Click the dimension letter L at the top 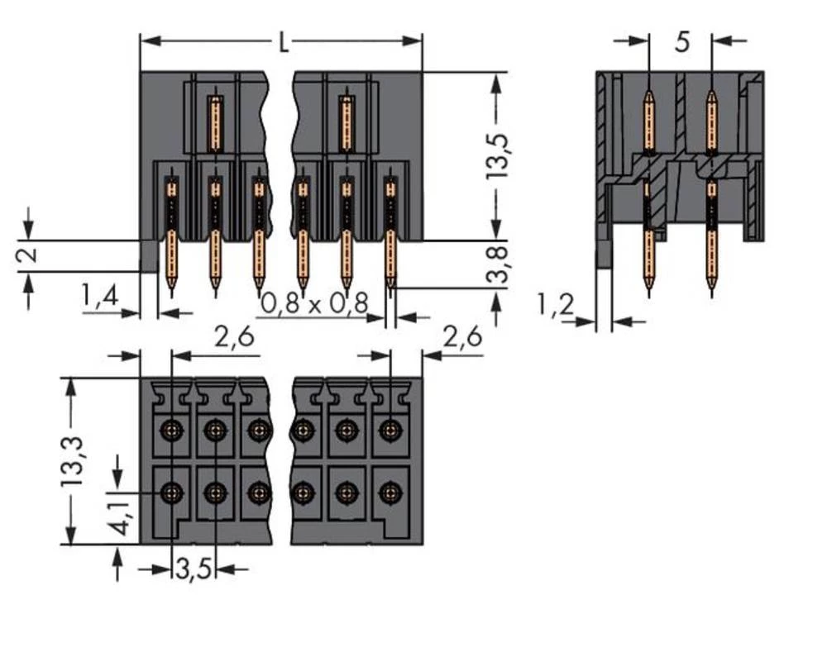(x=284, y=42)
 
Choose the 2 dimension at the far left (x=28, y=255)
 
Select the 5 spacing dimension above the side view (x=681, y=41)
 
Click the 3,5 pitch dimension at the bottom (x=194, y=569)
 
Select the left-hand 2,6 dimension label (x=234, y=337)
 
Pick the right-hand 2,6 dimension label (x=463, y=337)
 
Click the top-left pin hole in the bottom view (x=171, y=429)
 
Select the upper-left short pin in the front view (x=215, y=124)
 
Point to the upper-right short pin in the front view (x=347, y=124)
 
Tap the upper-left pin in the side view (x=648, y=120)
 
